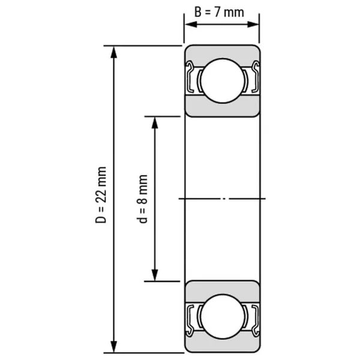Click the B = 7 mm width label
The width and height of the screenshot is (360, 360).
pyautogui.click(x=219, y=12)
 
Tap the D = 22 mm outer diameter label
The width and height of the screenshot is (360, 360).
pyautogui.click(x=101, y=195)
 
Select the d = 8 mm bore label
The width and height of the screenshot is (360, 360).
pyautogui.click(x=142, y=199)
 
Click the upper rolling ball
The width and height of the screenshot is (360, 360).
pyautogui.click(x=223, y=80)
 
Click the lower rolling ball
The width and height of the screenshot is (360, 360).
pyautogui.click(x=223, y=316)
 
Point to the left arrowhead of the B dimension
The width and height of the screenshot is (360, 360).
pyautogui.click(x=191, y=25)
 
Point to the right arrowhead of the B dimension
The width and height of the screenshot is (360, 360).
pyautogui.click(x=253, y=25)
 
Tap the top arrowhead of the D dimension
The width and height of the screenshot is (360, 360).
pyautogui.click(x=114, y=52)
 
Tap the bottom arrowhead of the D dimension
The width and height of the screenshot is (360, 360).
pyautogui.click(x=114, y=346)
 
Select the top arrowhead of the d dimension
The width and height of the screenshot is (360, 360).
pyautogui.click(x=155, y=123)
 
